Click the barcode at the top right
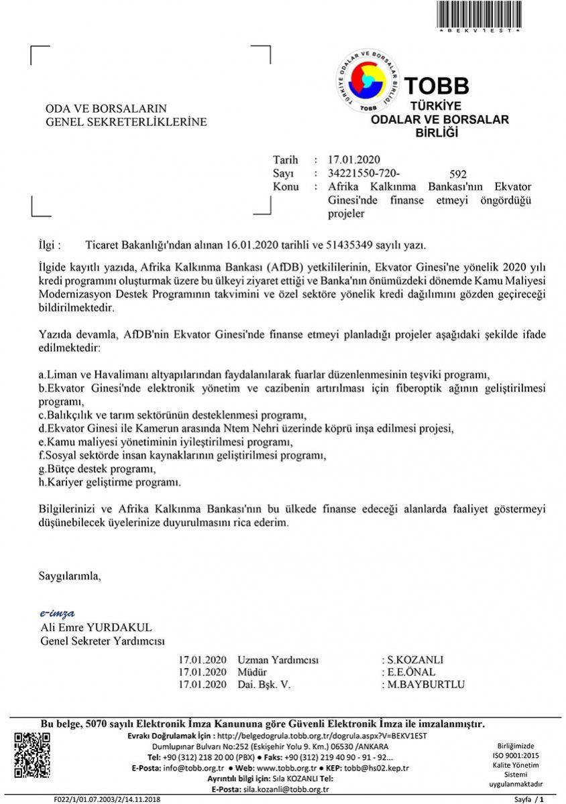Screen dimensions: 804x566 [479, 14]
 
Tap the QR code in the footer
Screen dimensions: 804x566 [32, 755]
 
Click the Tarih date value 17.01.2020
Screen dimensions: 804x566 [354, 160]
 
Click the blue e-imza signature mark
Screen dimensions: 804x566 [57, 613]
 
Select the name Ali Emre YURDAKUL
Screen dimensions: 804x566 [97, 628]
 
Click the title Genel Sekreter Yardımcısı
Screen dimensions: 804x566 [103, 641]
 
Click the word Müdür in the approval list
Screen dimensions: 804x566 [252, 672]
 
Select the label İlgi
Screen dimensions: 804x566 [50, 246]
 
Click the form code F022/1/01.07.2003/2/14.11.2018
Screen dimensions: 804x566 [107, 799]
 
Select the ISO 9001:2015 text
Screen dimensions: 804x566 [516, 755]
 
